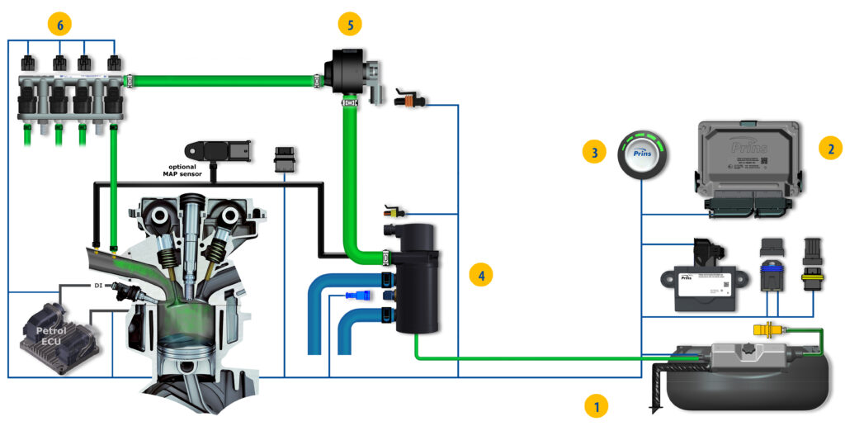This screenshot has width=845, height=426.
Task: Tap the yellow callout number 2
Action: [x=829, y=149]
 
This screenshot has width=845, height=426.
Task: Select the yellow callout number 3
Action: [x=594, y=151]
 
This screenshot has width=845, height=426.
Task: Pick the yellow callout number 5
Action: [x=351, y=25]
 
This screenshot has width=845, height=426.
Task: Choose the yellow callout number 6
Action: [x=59, y=24]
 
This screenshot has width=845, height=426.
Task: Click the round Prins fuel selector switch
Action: [x=643, y=152]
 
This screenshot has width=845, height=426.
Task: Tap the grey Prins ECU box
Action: [x=747, y=165]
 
